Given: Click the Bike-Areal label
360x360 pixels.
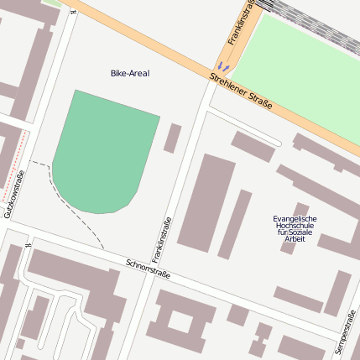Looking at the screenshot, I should coord(129,74).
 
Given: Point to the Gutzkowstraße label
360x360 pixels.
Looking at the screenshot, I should coord(13,195).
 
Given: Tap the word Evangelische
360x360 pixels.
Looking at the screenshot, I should coord(295,219).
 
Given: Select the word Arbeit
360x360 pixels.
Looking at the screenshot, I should coord(295,239).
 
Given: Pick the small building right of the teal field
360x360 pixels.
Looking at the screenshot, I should coord(172,138).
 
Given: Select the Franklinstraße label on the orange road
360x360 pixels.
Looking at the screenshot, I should coord(240,21).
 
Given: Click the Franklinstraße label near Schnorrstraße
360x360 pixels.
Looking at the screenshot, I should coord(161,238).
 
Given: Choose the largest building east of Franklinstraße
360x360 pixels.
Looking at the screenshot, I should coord(206,201).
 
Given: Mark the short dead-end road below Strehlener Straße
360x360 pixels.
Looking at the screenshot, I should coord(243,125).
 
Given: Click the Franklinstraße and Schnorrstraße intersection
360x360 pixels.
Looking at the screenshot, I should coord(150,278).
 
